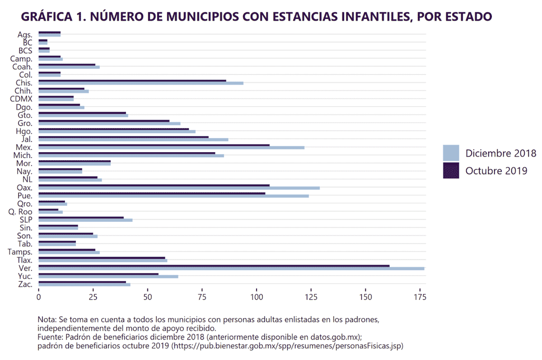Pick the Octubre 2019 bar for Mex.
[154, 145]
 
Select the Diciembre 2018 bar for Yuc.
[108, 276]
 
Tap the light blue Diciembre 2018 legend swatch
[451, 153]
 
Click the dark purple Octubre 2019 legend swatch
[451, 171]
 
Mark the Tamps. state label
[20, 252]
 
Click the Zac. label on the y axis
[25, 284]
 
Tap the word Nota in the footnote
[46, 319]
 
